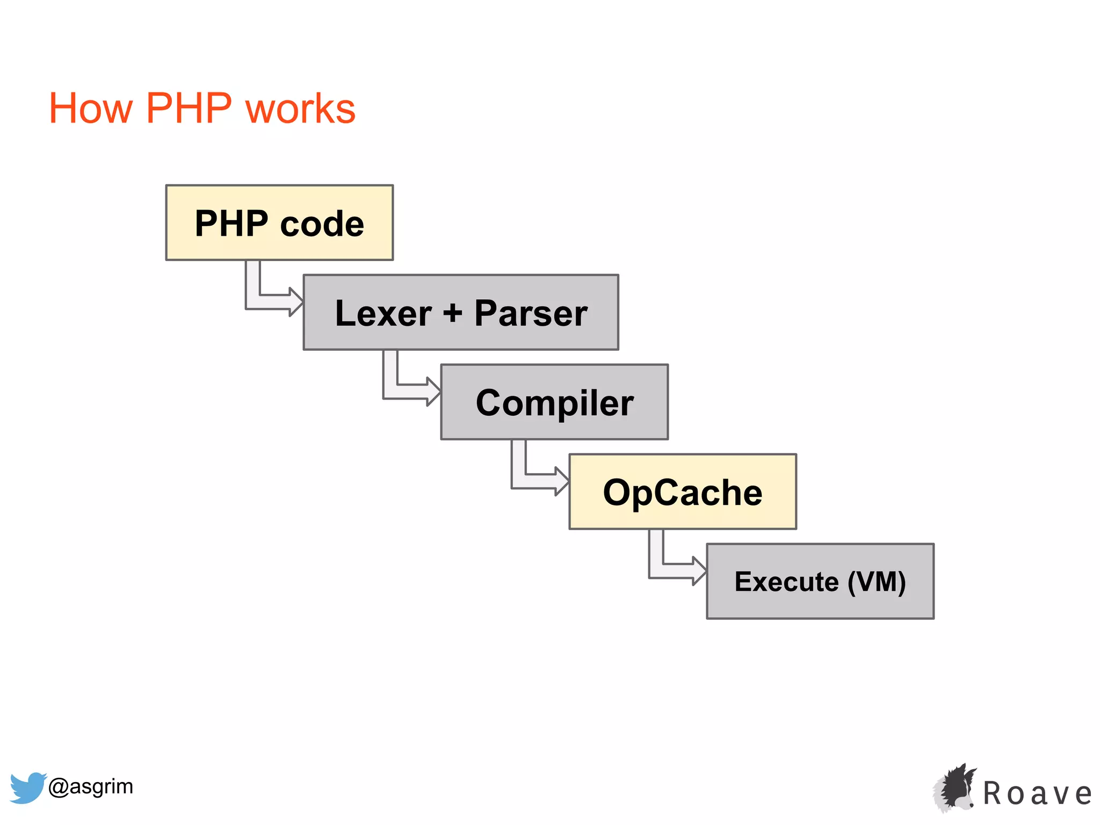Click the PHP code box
pyautogui.click(x=279, y=222)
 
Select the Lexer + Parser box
pyautogui.click(x=461, y=312)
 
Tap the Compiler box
pyautogui.click(x=554, y=402)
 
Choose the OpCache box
pyautogui.click(x=683, y=491)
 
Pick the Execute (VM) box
pyautogui.click(x=820, y=581)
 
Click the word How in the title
pyautogui.click(x=90, y=108)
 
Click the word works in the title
pyautogui.click(x=300, y=108)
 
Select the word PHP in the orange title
pyautogui.click(x=189, y=108)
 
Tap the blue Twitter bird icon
pyautogui.click(x=27, y=787)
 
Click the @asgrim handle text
pyautogui.click(x=90, y=786)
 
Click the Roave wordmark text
pyautogui.click(x=1038, y=794)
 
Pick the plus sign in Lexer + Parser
pyautogui.click(x=452, y=312)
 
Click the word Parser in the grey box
pyautogui.click(x=531, y=313)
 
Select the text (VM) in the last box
pyautogui.click(x=877, y=582)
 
